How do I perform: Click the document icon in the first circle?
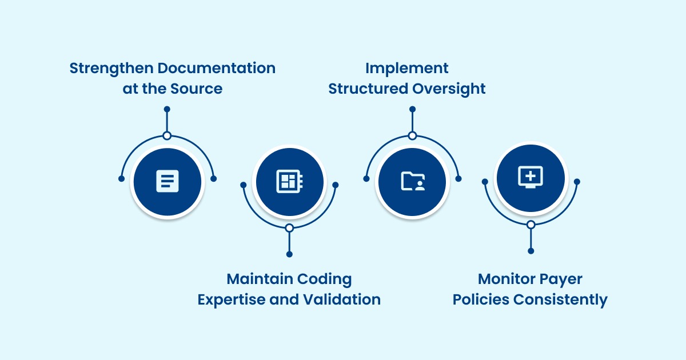(167, 181)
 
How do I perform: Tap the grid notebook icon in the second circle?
(289, 182)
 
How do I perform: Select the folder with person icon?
(412, 181)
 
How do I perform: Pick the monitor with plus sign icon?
(531, 177)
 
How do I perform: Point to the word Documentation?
(217, 68)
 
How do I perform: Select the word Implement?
(407, 68)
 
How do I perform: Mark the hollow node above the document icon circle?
(167, 135)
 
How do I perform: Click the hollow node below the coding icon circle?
(289, 228)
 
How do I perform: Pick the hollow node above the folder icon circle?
(412, 135)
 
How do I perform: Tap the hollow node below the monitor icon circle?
(531, 225)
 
